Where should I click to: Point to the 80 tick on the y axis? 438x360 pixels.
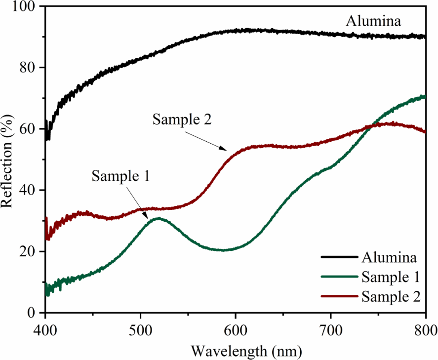point(28,68)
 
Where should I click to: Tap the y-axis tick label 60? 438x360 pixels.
point(28,129)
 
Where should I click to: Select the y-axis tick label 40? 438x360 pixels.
point(28,190)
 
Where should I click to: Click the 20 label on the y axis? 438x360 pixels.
point(28,251)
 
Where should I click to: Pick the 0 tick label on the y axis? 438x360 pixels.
point(32,313)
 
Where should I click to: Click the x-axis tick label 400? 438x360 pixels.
point(45,327)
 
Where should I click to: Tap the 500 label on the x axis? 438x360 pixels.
point(141,327)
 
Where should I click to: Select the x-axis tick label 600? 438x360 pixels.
point(236,327)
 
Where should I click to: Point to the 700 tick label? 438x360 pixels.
point(331,327)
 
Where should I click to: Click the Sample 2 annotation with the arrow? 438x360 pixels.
point(182,120)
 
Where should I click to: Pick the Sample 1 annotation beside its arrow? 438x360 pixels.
point(120,176)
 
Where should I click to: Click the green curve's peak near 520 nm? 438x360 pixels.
point(158,218)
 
